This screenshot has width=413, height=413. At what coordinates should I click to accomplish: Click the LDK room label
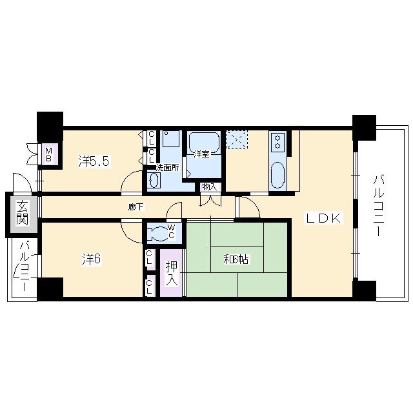pyautogui.click(x=323, y=218)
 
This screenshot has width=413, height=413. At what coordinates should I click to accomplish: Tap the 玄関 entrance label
pyautogui.click(x=22, y=212)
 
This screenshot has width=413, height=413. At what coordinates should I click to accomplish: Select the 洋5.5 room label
pyautogui.click(x=94, y=161)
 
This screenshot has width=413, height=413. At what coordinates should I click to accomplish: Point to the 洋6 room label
pyautogui.click(x=92, y=259)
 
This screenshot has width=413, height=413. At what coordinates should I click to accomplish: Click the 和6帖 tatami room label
pyautogui.click(x=236, y=259)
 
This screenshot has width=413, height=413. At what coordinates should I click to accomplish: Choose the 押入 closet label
pyautogui.click(x=172, y=273)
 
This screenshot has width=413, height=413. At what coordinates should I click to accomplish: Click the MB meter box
pyautogui.click(x=48, y=155)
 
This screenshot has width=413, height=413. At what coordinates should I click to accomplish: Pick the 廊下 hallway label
pyautogui.click(x=136, y=207)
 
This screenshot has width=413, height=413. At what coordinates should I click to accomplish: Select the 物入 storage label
pyautogui.click(x=210, y=187)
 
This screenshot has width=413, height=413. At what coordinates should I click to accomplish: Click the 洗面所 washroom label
pyautogui.click(x=167, y=168)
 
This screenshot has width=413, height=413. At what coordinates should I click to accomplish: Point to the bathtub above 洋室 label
pyautogui.click(x=204, y=142)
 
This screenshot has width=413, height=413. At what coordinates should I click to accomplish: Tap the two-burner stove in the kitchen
pyautogui.click(x=277, y=142)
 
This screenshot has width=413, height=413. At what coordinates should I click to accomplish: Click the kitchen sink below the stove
pyautogui.click(x=277, y=175)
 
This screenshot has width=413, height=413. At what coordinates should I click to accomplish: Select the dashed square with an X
pyautogui.click(x=237, y=139)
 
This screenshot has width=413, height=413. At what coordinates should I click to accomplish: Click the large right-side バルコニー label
pyautogui.click(x=379, y=206)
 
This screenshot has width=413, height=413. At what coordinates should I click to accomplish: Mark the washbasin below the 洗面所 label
pyautogui.click(x=154, y=181)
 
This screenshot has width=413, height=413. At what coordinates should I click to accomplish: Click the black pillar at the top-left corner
pyautogui.click(x=50, y=126)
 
